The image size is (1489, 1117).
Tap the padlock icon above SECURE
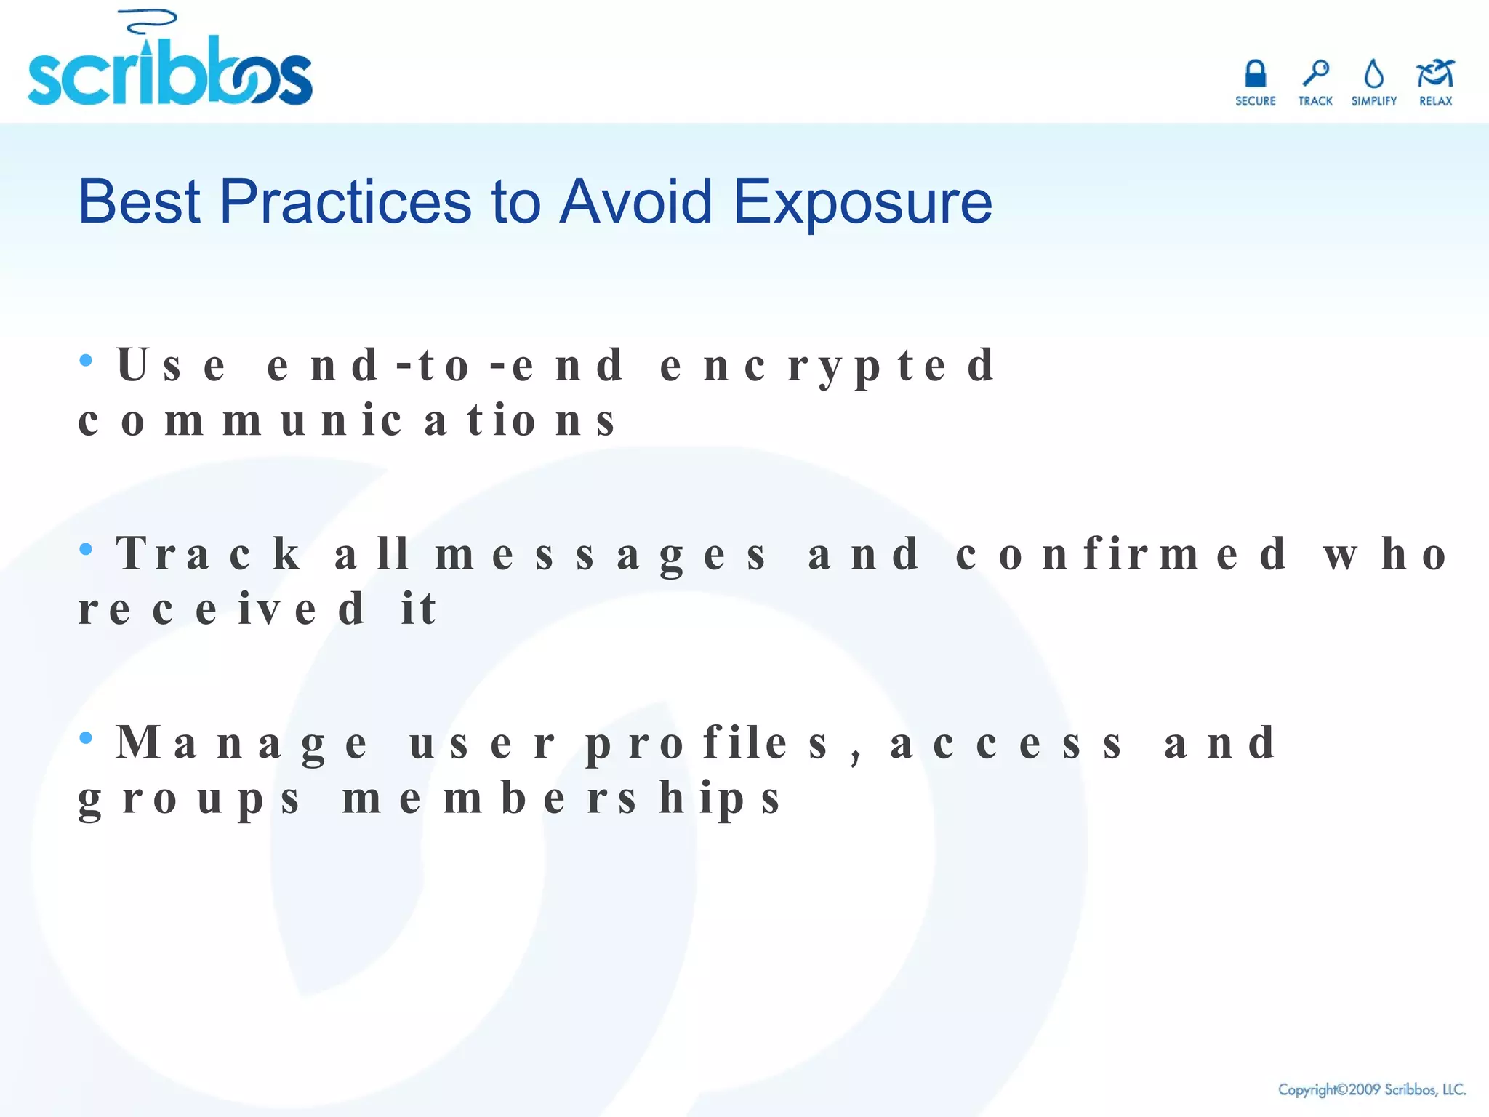pyautogui.click(x=1255, y=74)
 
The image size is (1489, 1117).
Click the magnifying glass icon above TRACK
pyautogui.click(x=1315, y=73)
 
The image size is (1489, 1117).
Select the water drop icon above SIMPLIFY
pyautogui.click(x=1373, y=74)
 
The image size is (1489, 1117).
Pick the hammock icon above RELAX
pyautogui.click(x=1434, y=73)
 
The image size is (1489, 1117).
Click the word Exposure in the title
pyautogui.click(x=862, y=202)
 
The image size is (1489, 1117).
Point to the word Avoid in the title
pyautogui.click(x=635, y=201)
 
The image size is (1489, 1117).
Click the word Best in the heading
pyautogui.click(x=139, y=201)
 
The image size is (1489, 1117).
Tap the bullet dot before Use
pyautogui.click(x=86, y=360)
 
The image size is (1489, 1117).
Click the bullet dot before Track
pyautogui.click(x=86, y=549)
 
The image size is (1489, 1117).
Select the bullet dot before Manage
pyautogui.click(x=86, y=738)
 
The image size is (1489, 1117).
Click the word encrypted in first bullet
pyautogui.click(x=827, y=366)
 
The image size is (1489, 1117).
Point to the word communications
pyautogui.click(x=347, y=421)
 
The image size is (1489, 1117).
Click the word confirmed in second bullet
pyautogui.click(x=1120, y=555)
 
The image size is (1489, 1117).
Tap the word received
pyautogui.click(x=221, y=609)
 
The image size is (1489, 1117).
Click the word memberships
pyautogui.click(x=561, y=799)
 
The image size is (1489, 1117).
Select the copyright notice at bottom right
pyautogui.click(x=1371, y=1089)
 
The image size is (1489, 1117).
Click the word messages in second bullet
pyautogui.click(x=601, y=555)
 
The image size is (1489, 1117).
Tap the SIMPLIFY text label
pyautogui.click(x=1373, y=101)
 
